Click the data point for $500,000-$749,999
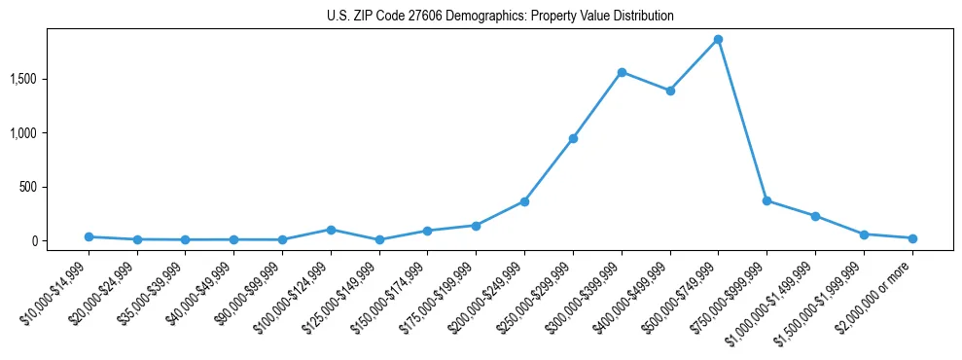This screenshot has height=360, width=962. pyautogui.click(x=718, y=40)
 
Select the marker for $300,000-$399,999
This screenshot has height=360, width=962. pyautogui.click(x=622, y=72)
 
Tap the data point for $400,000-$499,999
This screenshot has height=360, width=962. pyautogui.click(x=670, y=90)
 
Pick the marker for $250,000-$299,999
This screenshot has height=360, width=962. pyautogui.click(x=573, y=138)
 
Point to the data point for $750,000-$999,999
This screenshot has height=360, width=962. pyautogui.click(x=766, y=201)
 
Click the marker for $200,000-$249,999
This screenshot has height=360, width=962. pyautogui.click(x=524, y=201)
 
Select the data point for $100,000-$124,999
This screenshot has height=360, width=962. pyautogui.click(x=331, y=230)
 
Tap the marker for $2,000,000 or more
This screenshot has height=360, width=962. pyautogui.click(x=912, y=238)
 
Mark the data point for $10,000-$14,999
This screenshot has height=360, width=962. pyautogui.click(x=89, y=236)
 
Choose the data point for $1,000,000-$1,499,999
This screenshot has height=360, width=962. pyautogui.click(x=815, y=216)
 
